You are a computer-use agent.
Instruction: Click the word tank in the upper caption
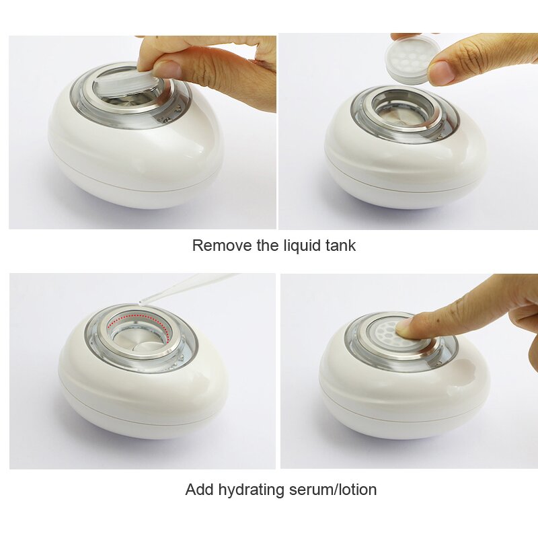tap(340, 245)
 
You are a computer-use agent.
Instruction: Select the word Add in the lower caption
tap(200, 490)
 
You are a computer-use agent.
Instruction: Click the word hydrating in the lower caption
tap(249, 490)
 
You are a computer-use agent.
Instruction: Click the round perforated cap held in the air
tap(412, 59)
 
